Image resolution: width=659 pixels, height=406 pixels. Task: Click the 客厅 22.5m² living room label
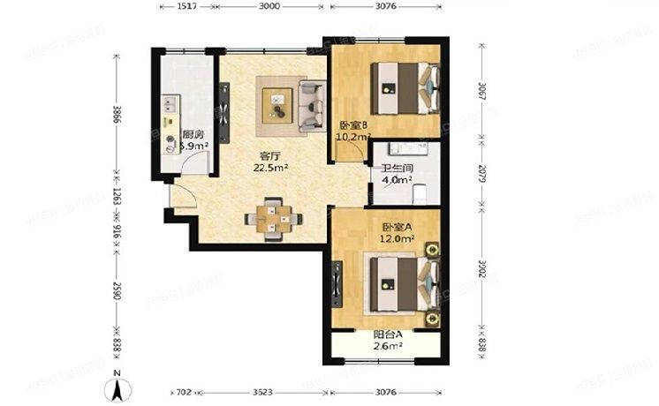tap(270, 160)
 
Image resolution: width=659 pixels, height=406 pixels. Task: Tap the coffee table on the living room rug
tap(280, 102)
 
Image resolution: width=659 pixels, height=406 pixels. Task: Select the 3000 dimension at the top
tap(269, 6)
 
